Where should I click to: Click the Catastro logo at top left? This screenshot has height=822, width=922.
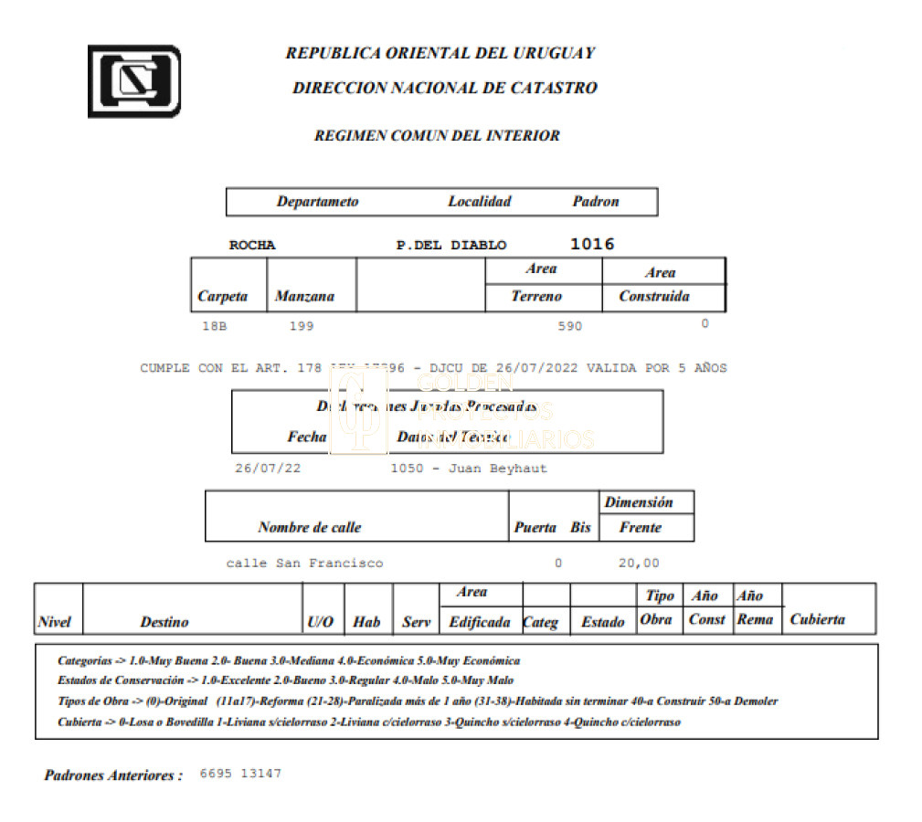click(x=133, y=81)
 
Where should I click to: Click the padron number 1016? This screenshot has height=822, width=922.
click(x=592, y=244)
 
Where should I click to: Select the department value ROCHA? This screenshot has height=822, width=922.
click(x=251, y=245)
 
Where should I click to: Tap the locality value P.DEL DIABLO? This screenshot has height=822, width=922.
click(x=450, y=245)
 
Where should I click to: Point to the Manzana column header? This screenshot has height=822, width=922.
click(x=304, y=296)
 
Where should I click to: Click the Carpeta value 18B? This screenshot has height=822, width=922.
click(x=214, y=325)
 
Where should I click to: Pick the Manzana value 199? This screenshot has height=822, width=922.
click(x=302, y=325)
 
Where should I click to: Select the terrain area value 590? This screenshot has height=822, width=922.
click(x=569, y=325)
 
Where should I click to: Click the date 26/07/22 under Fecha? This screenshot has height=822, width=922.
click(x=267, y=469)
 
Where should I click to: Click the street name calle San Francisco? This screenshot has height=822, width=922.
click(x=304, y=563)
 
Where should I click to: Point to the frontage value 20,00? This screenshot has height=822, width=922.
click(x=639, y=563)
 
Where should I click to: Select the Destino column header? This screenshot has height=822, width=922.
click(x=164, y=622)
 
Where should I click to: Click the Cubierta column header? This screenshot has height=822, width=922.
click(x=817, y=619)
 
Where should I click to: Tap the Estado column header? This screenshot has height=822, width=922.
click(x=603, y=622)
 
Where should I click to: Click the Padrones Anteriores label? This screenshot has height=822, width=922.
click(x=113, y=775)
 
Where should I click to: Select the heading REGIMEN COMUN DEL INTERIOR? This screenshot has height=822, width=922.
click(x=437, y=136)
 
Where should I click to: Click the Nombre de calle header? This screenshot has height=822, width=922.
click(x=309, y=527)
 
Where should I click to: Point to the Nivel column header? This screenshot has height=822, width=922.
click(x=55, y=622)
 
